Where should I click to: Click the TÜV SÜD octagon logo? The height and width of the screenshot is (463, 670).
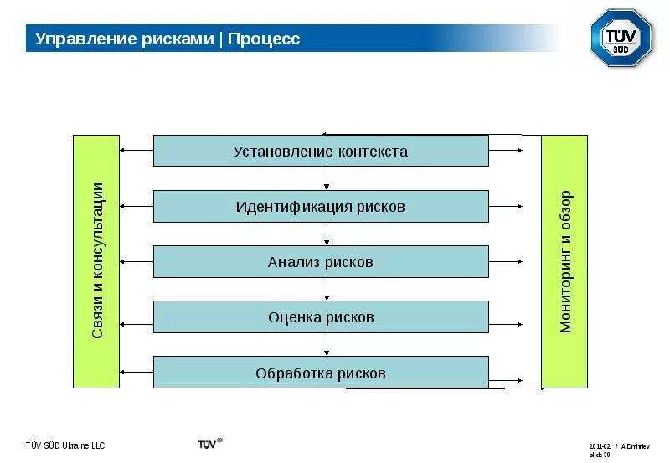pos(621,38)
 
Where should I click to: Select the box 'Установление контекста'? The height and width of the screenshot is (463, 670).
pos(321,152)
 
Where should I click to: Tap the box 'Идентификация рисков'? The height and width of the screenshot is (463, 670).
pos(321,206)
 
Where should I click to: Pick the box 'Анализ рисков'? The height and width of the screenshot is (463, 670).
pos(321,262)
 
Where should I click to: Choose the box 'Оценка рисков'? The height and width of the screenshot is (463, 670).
pos(321,317)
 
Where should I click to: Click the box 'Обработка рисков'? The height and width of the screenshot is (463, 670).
pos(321,373)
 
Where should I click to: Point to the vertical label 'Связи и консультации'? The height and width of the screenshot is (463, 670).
pos(96,260)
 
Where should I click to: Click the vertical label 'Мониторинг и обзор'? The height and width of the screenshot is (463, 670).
pos(564,261)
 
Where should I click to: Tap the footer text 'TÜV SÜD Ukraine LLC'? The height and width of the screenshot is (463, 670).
pos(65,445)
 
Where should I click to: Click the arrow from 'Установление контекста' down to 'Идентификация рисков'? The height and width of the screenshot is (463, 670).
pos(327,178)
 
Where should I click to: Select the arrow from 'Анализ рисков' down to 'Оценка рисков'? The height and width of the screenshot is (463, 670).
pos(327,290)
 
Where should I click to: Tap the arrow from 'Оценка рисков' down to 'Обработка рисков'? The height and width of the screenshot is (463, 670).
pos(327,345)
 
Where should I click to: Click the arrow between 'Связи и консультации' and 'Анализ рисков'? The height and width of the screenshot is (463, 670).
pos(137,262)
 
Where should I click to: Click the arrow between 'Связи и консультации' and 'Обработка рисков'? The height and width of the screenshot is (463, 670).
pos(137,373)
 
